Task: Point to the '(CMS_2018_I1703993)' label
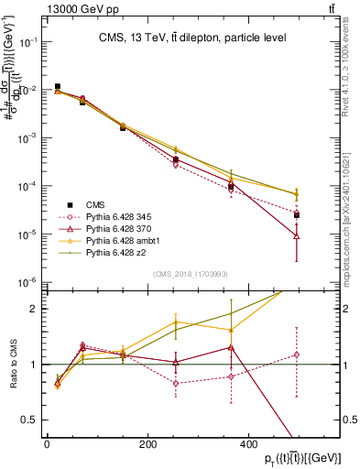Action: (x=190, y=274)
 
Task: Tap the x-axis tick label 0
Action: (x=47, y=444)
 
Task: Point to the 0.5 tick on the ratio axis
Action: (x=32, y=420)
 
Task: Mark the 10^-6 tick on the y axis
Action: (x=29, y=282)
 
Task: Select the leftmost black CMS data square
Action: (x=58, y=87)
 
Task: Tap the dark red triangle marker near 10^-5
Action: (x=297, y=235)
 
